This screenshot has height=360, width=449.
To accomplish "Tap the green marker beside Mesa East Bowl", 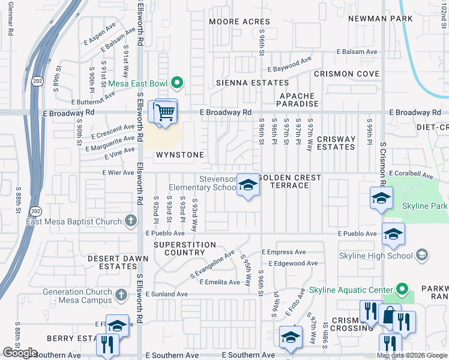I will tap(176, 83).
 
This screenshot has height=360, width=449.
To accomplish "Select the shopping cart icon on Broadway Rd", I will tap(165, 112).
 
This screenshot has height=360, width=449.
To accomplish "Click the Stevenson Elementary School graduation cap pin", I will tap(247, 185).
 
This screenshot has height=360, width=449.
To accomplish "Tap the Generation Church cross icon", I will tap(121, 295).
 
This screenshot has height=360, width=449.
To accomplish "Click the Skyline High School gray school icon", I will tap(422, 256).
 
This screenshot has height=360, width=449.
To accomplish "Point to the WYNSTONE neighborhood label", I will tap(180, 155).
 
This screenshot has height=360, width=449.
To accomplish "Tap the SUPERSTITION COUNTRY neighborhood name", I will tap(184, 248).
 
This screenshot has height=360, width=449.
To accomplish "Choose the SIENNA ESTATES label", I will tap(252, 83).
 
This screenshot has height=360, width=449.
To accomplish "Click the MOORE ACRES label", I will tap(240, 22).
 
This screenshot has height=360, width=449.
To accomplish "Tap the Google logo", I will tap(20, 353).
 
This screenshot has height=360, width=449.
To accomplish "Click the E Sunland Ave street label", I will tap(165, 295).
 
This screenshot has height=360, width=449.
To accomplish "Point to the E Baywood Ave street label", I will tap(290, 62).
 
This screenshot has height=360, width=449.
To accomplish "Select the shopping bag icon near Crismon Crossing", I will tap(389, 316).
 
